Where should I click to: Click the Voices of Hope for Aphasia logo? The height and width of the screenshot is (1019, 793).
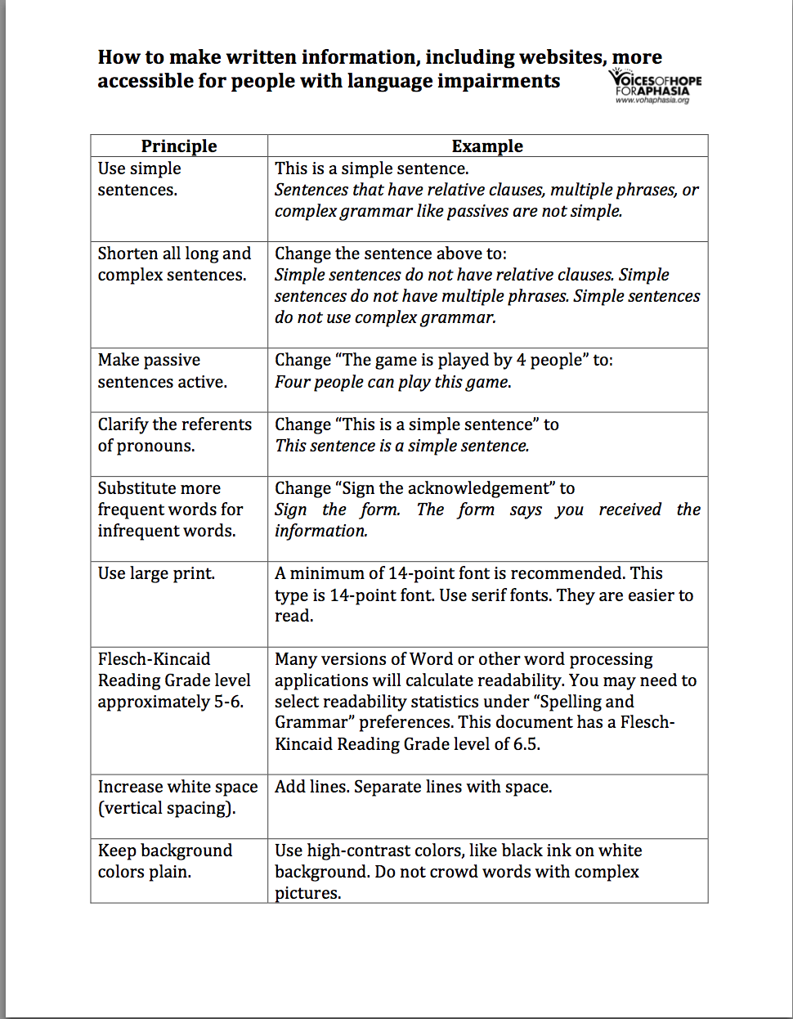(655, 86)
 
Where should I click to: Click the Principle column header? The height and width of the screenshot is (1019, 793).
(179, 146)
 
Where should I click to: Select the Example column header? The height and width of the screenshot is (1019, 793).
(487, 146)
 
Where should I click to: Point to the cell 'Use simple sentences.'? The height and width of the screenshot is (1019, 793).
(139, 179)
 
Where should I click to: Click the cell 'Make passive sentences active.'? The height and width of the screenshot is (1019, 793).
(162, 371)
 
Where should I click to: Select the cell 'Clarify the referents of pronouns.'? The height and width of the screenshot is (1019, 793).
(174, 435)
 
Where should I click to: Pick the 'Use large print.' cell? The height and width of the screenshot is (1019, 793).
(156, 573)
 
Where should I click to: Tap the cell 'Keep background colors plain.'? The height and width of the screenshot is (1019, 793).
(164, 861)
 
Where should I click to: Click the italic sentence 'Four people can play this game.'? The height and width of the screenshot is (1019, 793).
(392, 382)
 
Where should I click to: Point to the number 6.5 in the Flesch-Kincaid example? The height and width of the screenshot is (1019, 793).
(526, 744)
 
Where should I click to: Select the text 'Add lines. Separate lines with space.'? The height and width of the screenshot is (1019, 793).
(413, 787)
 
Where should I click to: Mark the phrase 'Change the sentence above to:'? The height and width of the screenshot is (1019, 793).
(390, 254)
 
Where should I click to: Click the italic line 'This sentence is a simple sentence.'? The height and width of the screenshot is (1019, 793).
(401, 446)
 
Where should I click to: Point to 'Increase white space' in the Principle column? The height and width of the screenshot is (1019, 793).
(177, 787)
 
